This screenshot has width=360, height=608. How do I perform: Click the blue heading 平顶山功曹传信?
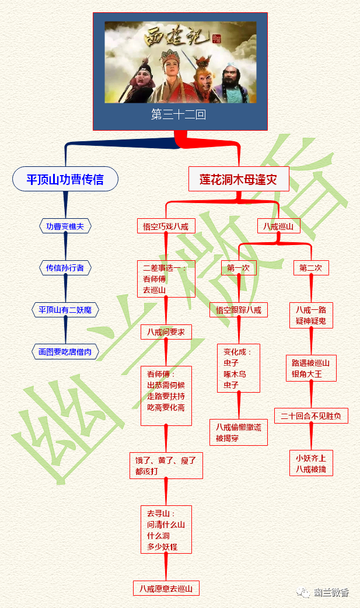(65, 179)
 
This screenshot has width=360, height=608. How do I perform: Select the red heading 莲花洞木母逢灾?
(239, 179)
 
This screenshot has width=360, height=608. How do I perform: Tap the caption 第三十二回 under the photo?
(179, 115)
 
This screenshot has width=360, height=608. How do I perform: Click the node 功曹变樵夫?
(65, 226)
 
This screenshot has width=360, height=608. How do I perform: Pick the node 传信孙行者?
(65, 268)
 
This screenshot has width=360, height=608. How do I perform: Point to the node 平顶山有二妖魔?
(65, 310)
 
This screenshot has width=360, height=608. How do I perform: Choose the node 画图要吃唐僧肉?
(65, 352)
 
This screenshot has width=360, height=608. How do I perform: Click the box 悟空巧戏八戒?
(166, 226)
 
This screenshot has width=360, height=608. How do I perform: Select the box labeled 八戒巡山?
(278, 226)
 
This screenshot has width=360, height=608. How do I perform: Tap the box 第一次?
(238, 268)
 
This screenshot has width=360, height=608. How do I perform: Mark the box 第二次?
(311, 268)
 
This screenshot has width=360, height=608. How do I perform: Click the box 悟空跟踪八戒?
(239, 310)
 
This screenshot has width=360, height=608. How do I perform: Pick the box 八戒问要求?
(166, 332)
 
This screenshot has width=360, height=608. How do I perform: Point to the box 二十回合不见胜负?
(311, 416)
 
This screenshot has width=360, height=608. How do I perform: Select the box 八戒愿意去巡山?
(166, 588)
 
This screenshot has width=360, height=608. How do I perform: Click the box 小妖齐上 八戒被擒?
(311, 463)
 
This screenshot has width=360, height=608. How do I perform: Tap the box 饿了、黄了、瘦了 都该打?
(166, 465)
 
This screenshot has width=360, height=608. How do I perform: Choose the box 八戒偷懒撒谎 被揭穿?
(239, 432)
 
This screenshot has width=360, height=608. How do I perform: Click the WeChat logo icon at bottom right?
(303, 593)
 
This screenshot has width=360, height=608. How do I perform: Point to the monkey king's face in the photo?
(204, 74)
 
